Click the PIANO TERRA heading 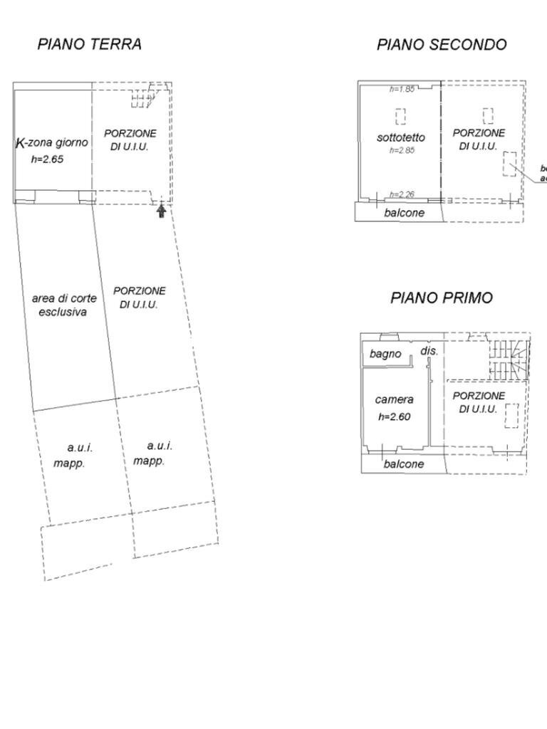(x=89, y=44)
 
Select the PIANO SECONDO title (x=442, y=45)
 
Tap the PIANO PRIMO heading (x=441, y=298)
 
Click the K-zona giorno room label (x=52, y=142)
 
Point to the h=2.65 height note (x=47, y=159)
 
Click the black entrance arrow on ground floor (x=161, y=211)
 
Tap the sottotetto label (x=401, y=137)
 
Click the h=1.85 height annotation (x=402, y=90)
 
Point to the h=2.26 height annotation (x=402, y=194)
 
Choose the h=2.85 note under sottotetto (x=402, y=150)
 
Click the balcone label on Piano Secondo (x=404, y=212)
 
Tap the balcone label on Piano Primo (x=404, y=464)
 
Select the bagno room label (x=385, y=354)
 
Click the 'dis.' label (x=429, y=351)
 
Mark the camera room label (x=394, y=400)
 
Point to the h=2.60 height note (x=394, y=417)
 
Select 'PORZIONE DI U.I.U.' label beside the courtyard (x=139, y=298)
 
